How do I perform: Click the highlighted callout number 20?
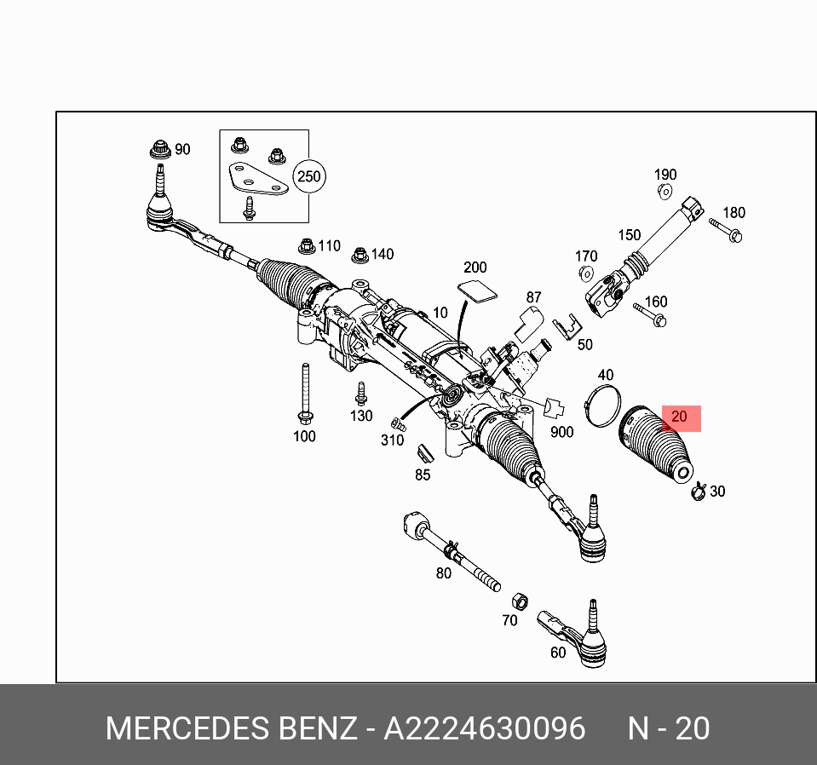(x=679, y=417)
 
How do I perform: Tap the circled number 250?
(x=308, y=176)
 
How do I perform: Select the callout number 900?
(x=561, y=432)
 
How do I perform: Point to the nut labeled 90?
(x=158, y=148)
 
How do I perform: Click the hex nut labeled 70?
(x=518, y=599)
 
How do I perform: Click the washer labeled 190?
(x=665, y=193)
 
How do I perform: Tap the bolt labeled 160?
(x=650, y=317)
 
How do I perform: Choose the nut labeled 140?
(x=360, y=254)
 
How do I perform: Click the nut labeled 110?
(x=308, y=246)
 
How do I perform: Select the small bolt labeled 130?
(x=360, y=394)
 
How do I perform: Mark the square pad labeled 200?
(x=478, y=290)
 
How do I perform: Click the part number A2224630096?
(x=485, y=729)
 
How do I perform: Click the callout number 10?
(x=440, y=313)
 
